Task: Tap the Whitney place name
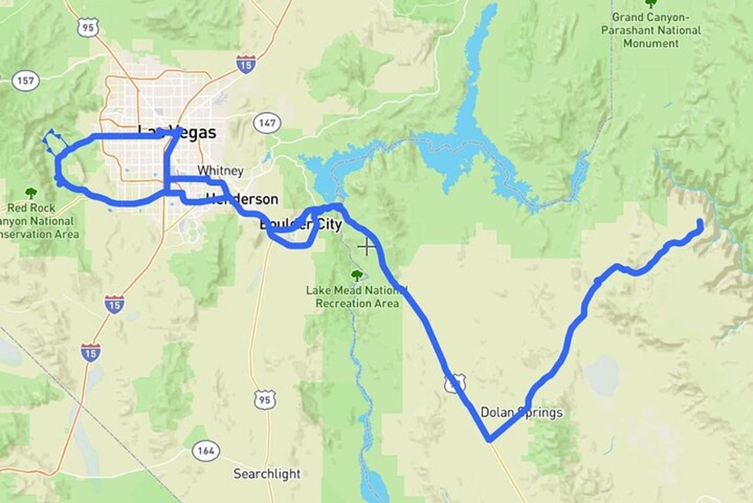point(220,171)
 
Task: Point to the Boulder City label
point(300,224)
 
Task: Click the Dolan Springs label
point(521,412)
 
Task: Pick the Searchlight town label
point(267,474)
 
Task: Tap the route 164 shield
point(206,451)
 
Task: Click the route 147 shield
point(267,123)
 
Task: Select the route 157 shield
point(25,80)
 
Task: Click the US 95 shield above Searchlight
point(265,400)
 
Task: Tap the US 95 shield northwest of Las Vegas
point(88,28)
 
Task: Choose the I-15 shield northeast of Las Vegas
point(246,65)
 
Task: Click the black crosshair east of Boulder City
point(367,247)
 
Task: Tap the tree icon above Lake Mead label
point(356,275)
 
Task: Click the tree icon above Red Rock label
point(31,192)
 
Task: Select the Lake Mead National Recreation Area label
point(357,297)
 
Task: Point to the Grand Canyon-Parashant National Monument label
point(651,30)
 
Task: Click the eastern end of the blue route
point(700,222)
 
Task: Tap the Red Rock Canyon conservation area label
point(37,221)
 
